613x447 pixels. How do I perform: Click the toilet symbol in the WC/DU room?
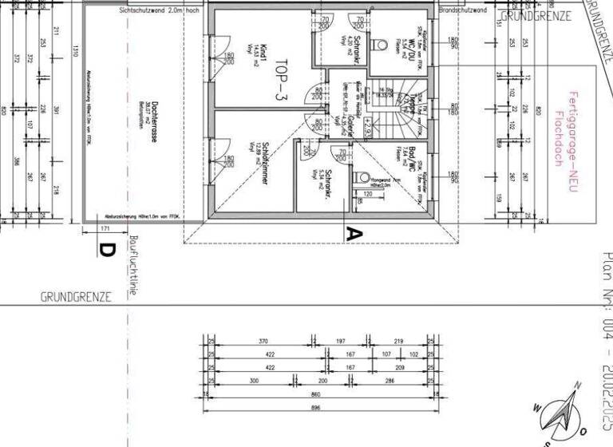pos(381,43)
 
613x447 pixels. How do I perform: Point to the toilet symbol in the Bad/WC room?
pos(365,178)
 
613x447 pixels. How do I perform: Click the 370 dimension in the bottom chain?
pos(263,341)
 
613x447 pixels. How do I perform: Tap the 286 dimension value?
pos(390,381)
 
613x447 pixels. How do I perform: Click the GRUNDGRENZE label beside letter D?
pos(76,296)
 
